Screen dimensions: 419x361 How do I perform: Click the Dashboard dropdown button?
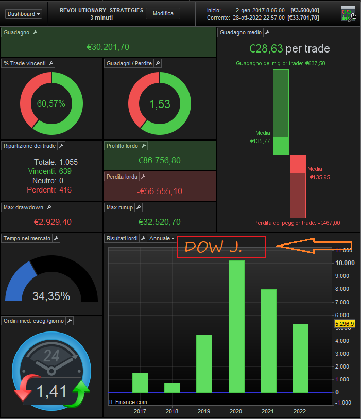24,14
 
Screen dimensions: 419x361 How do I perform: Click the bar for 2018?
172,387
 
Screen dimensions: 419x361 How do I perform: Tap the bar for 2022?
300,358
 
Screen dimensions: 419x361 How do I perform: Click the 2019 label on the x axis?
204,411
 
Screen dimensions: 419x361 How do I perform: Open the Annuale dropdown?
162,238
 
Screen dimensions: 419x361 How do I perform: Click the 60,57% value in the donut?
51,103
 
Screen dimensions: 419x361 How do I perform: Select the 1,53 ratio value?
159,104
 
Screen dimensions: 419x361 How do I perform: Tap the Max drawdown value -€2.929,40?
51,222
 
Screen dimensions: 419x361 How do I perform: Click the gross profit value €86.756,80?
159,160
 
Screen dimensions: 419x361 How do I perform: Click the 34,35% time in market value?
51,296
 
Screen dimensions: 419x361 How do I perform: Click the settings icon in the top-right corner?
348,14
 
